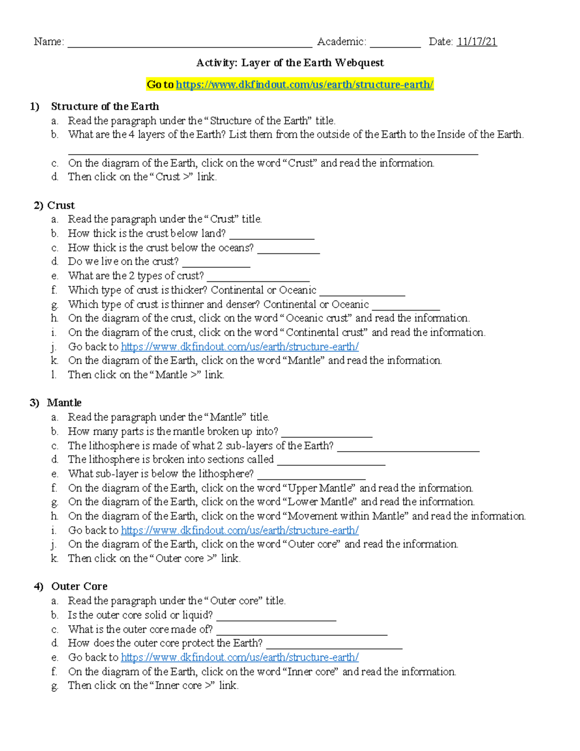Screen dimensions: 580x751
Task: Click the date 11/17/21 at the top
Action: (x=477, y=42)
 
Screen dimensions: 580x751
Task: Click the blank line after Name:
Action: (x=189, y=45)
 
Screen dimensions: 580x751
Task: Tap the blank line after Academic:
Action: (x=395, y=45)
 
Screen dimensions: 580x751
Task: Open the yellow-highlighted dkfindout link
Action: (x=304, y=85)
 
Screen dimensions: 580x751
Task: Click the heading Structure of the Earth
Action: (x=105, y=106)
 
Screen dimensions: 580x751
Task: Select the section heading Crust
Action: (x=61, y=205)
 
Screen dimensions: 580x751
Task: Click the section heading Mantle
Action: (x=64, y=403)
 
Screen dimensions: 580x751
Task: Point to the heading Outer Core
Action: (x=79, y=587)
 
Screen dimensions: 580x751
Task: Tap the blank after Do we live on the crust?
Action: (x=216, y=265)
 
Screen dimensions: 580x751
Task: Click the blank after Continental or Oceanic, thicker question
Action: (x=362, y=293)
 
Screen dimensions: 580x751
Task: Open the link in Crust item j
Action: (x=239, y=347)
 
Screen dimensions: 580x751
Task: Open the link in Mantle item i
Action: (x=239, y=530)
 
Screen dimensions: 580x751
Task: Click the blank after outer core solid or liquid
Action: (x=276, y=618)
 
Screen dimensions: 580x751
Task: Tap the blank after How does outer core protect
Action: (x=334, y=646)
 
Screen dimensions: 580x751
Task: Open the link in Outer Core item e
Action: (x=239, y=658)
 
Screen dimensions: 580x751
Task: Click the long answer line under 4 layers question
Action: (x=273, y=152)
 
